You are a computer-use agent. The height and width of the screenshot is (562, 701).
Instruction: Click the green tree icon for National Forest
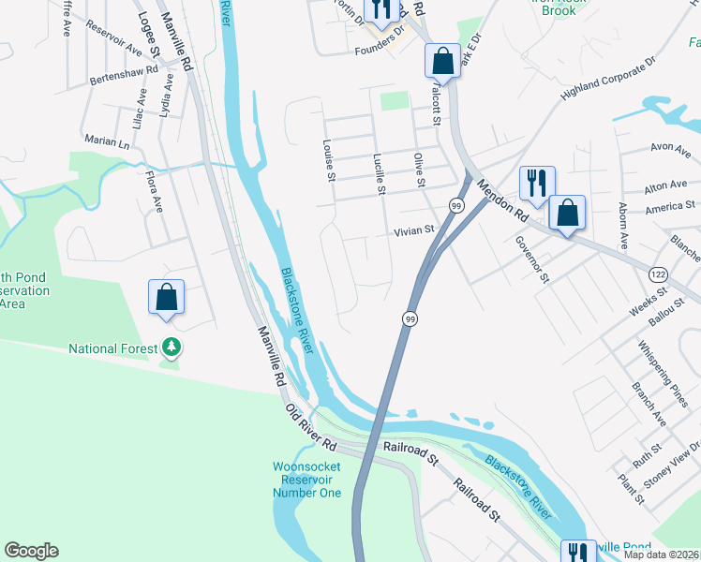tap(171, 348)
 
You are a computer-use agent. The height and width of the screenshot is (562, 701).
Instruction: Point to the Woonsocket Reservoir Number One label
tap(306, 480)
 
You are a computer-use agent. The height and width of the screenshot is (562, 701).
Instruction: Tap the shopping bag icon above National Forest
tap(166, 297)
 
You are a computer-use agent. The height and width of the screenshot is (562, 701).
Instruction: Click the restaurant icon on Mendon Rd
tap(537, 183)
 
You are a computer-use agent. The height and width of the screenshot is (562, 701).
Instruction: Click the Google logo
tap(31, 551)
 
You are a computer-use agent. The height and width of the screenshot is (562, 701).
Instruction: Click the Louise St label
tap(328, 161)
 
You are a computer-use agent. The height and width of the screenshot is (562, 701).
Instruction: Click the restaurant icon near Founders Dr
tap(380, 9)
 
